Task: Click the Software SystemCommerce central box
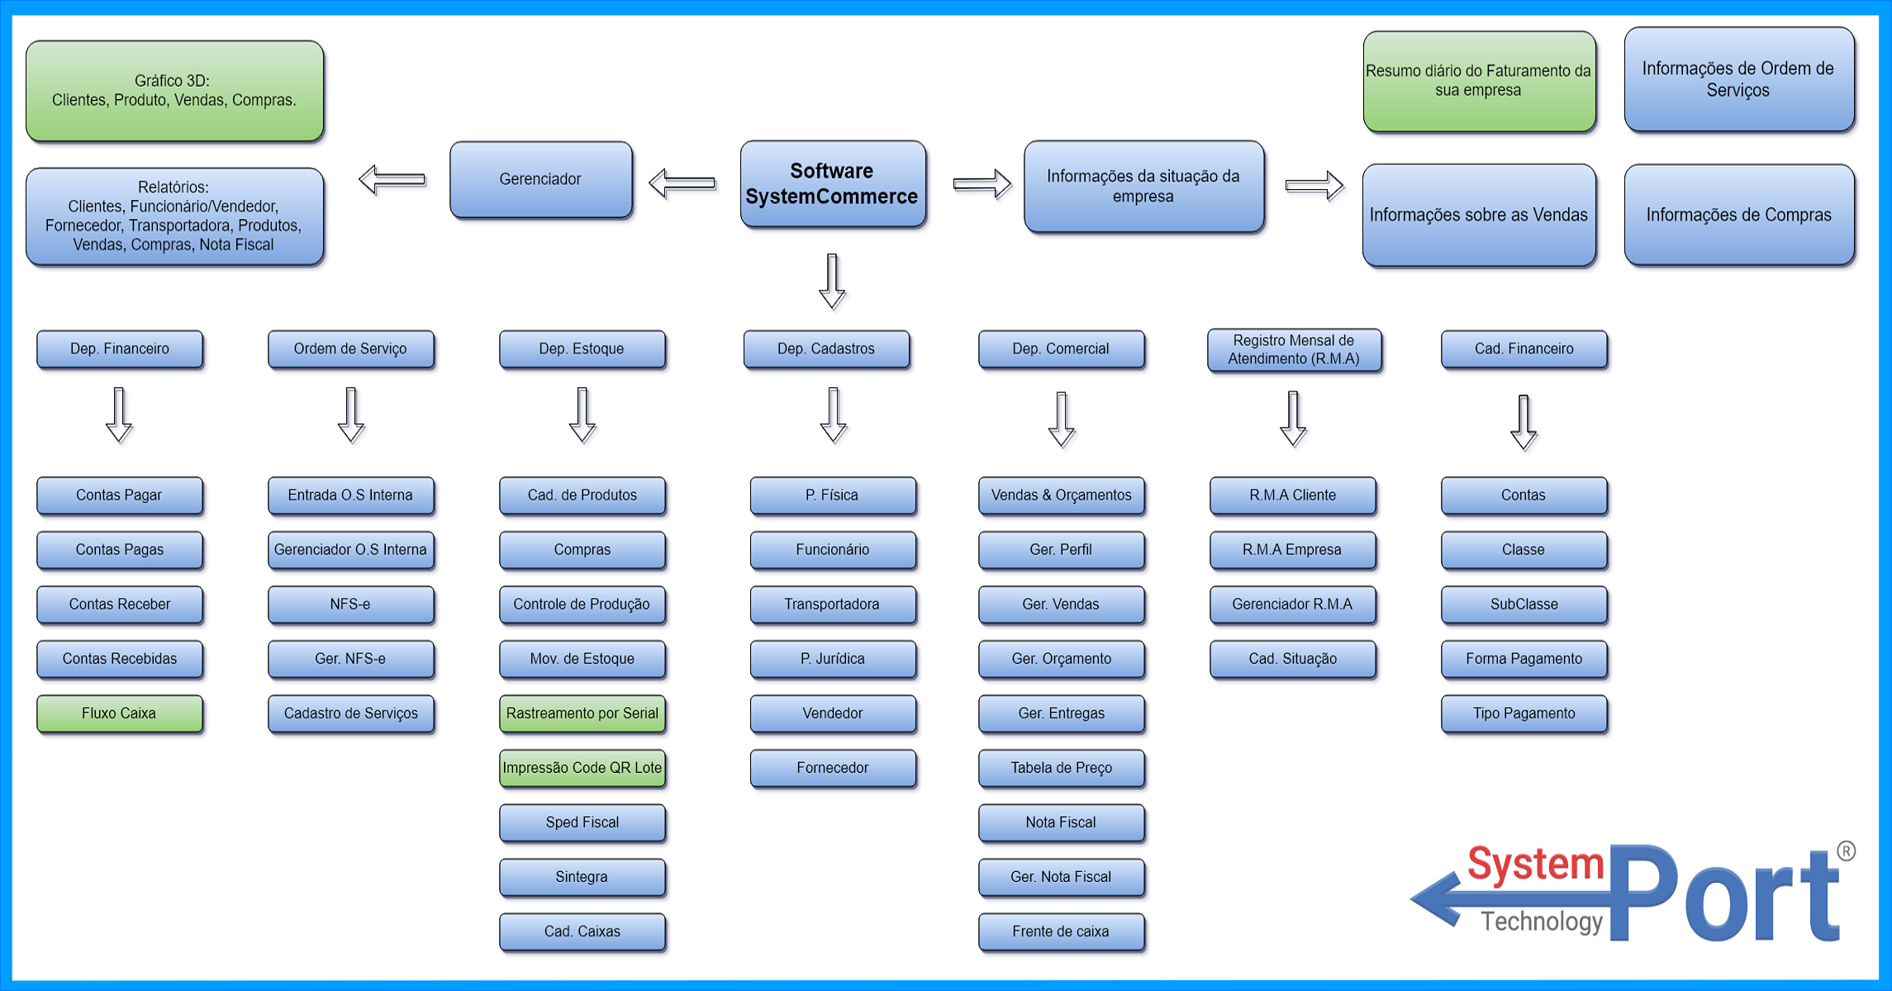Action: point(832,183)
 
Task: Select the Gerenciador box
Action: point(540,179)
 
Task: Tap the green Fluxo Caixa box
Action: point(119,714)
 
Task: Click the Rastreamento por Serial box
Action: point(582,714)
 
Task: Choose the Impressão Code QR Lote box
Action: point(582,768)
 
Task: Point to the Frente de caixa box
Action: point(1061,932)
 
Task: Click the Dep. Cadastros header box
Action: point(825,349)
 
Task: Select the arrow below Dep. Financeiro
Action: point(119,415)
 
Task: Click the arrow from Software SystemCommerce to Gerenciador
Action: point(682,183)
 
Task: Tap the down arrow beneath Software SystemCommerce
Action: point(832,282)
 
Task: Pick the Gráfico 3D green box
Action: point(174,91)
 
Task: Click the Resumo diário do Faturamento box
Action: point(1478,81)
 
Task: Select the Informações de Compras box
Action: point(1738,215)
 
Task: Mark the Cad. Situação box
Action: point(1292,659)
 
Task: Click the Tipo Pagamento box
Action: point(1524,714)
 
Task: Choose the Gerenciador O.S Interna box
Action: point(350,550)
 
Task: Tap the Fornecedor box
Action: point(832,768)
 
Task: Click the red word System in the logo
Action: point(1535,864)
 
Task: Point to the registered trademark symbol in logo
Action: point(1846,851)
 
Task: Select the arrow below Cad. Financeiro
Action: point(1524,422)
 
